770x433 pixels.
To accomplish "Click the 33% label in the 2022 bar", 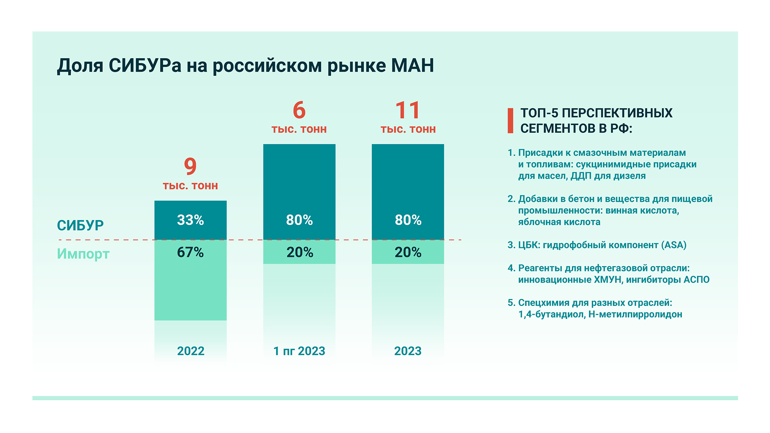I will pyautogui.click(x=190, y=220).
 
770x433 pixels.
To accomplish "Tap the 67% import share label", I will pyautogui.click(x=190, y=252).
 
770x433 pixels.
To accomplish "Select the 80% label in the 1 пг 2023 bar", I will pyautogui.click(x=299, y=220).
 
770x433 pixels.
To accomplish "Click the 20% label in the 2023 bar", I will pyautogui.click(x=408, y=252).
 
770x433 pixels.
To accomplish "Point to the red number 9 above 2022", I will pyautogui.click(x=190, y=166).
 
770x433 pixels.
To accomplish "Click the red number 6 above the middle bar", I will pyautogui.click(x=299, y=110).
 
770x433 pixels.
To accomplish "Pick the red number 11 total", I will pyautogui.click(x=408, y=110).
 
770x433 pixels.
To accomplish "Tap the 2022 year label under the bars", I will pyautogui.click(x=191, y=351).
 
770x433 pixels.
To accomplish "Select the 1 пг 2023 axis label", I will pyautogui.click(x=299, y=351).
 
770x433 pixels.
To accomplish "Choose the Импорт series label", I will pyautogui.click(x=83, y=254).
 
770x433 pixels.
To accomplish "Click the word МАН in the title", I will pyautogui.click(x=412, y=65).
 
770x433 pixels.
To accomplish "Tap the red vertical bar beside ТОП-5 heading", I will pyautogui.click(x=511, y=121).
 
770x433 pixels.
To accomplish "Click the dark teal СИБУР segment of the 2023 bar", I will pyautogui.click(x=408, y=185).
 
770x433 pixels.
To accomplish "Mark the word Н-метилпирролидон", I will pyautogui.click(x=635, y=314).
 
